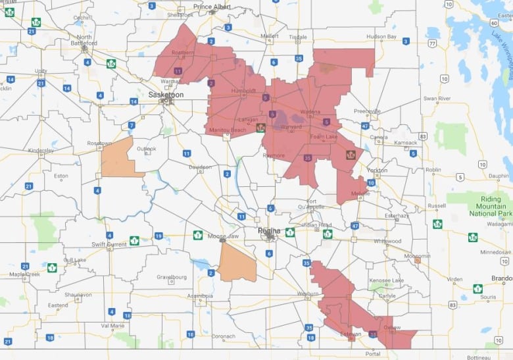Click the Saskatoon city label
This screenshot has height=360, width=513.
[166, 94]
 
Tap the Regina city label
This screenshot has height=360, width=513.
[268, 230]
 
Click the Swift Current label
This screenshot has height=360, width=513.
[108, 244]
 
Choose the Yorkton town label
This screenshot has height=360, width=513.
[376, 169]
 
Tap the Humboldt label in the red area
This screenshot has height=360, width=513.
[243, 90]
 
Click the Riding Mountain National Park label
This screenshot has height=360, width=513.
[487, 205]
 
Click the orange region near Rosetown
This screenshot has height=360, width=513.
[120, 158]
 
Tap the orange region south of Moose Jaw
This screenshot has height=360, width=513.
[237, 263]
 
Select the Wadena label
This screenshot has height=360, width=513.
[310, 112]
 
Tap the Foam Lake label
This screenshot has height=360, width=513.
[324, 137]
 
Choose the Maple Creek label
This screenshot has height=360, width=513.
[24, 274]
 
